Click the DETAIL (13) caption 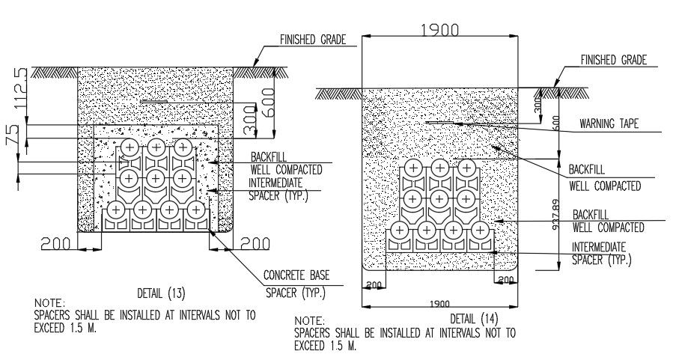click(x=162, y=291)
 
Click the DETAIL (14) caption click(x=474, y=319)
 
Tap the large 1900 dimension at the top click(x=440, y=31)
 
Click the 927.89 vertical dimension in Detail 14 click(x=555, y=214)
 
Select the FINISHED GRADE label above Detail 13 click(x=312, y=40)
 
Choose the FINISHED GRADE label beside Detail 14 click(x=613, y=61)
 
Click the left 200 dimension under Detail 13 click(x=56, y=244)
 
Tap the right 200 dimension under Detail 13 click(x=255, y=244)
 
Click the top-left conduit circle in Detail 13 click(x=130, y=147)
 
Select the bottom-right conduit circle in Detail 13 click(x=195, y=210)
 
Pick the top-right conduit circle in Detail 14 click(x=466, y=169)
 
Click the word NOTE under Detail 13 click(x=49, y=303)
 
